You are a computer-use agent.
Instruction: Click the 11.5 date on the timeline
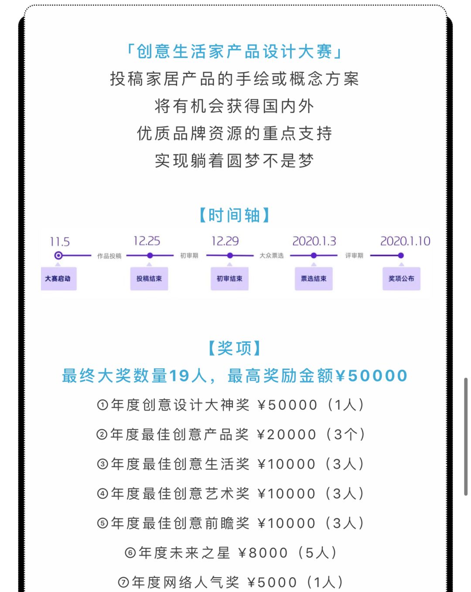pyautogui.click(x=60, y=242)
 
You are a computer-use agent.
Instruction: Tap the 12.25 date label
pyautogui.click(x=147, y=241)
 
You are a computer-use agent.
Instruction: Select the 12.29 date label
pyautogui.click(x=225, y=241)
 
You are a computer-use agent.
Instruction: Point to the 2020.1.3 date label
pyautogui.click(x=314, y=241)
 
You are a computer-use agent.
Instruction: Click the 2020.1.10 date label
pyautogui.click(x=405, y=241)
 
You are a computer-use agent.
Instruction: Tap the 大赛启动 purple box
pyautogui.click(x=58, y=278)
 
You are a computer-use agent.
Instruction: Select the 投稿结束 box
pyautogui.click(x=149, y=278)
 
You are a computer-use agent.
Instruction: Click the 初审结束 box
pyautogui.click(x=229, y=278)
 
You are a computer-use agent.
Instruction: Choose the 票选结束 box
pyautogui.click(x=314, y=278)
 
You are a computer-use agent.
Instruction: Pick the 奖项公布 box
pyautogui.click(x=401, y=278)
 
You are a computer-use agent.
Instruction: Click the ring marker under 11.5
pyautogui.click(x=58, y=256)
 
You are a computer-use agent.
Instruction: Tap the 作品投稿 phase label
pyautogui.click(x=109, y=256)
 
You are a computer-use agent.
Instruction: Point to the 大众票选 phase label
pyautogui.click(x=271, y=256)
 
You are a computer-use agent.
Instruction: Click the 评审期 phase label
pyautogui.click(x=354, y=256)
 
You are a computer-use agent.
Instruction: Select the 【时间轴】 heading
pyautogui.click(x=235, y=215)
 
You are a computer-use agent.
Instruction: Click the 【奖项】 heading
pyautogui.click(x=235, y=348)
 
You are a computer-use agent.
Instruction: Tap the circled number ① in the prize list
pyautogui.click(x=102, y=405)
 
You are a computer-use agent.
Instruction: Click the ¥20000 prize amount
pyautogui.click(x=287, y=435)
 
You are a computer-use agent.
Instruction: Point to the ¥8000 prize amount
pyautogui.click(x=263, y=553)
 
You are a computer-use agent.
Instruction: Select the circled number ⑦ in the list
pyautogui.click(x=123, y=582)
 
